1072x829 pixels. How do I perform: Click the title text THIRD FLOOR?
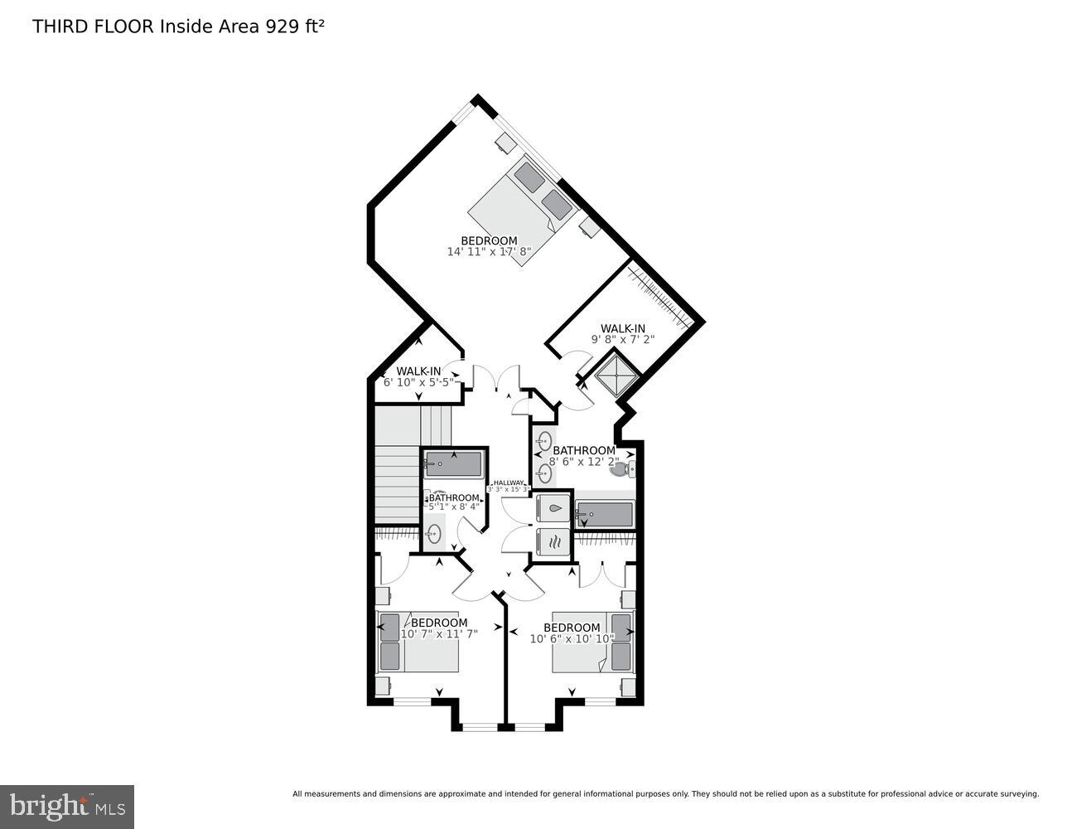[x=93, y=27]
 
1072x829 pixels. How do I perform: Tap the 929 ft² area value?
[x=294, y=27]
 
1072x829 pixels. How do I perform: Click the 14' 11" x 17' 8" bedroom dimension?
[x=488, y=251]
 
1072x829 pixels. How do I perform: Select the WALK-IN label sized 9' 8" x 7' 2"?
[x=623, y=328]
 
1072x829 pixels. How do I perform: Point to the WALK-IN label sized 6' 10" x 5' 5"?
[x=418, y=371]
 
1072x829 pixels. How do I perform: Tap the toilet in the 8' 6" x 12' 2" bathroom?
[x=621, y=470]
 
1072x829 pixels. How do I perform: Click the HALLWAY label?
[x=508, y=483]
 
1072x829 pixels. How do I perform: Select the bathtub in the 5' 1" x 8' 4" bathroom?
[x=453, y=464]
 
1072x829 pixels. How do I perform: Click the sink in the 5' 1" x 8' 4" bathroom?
[x=433, y=533]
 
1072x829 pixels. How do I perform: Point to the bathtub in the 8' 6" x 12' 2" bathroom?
[x=605, y=515]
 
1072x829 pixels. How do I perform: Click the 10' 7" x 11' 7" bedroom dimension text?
[x=439, y=633]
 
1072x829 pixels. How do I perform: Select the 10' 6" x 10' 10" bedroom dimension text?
[x=572, y=638]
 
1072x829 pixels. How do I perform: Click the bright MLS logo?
[x=66, y=806]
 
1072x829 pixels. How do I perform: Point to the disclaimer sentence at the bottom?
[x=665, y=794]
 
